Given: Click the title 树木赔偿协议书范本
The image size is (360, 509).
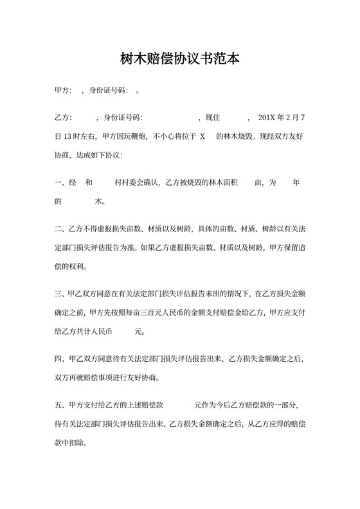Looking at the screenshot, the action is pos(180,59).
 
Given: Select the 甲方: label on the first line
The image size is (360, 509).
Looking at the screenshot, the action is pos(64,91).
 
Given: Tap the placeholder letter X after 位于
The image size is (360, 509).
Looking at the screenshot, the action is pos(203,137).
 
